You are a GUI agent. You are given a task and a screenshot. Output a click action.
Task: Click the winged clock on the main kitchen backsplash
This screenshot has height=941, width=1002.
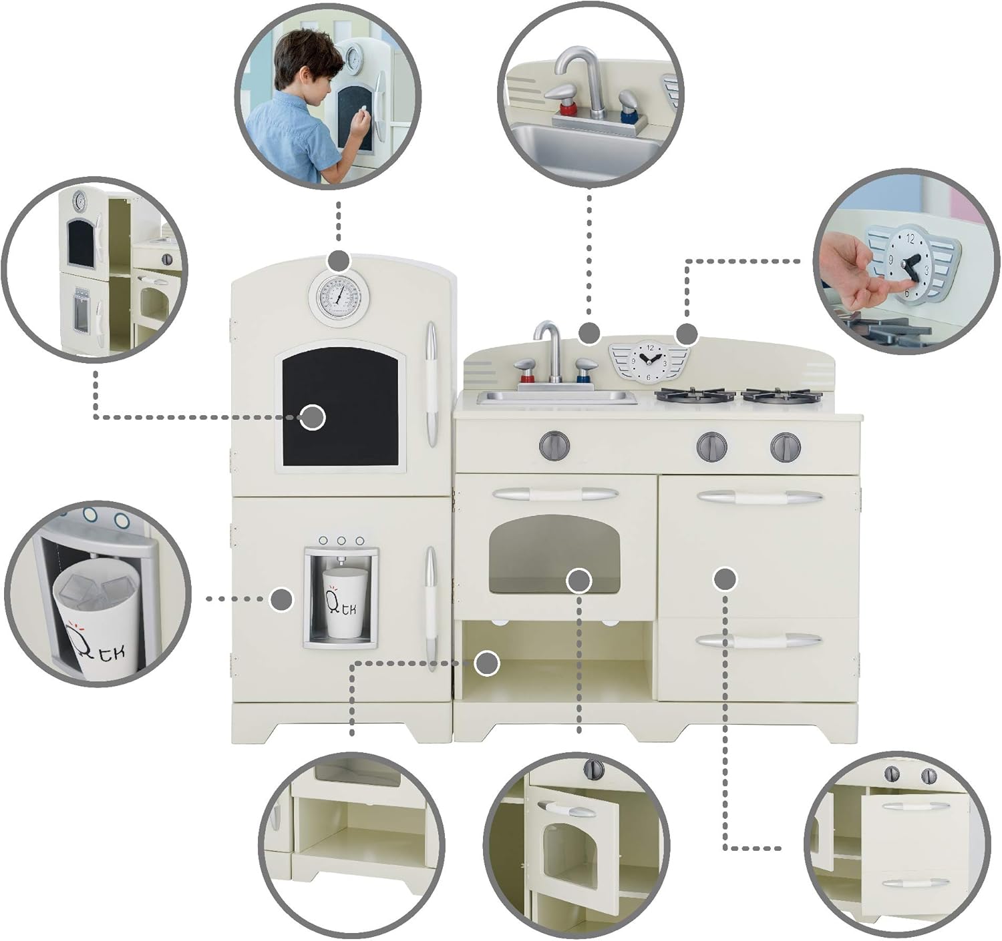coord(647,361)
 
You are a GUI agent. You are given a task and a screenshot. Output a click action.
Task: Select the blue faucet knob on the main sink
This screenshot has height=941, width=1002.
coord(586,370)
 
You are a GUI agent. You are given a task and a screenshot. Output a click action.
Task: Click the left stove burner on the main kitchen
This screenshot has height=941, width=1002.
coord(694,396)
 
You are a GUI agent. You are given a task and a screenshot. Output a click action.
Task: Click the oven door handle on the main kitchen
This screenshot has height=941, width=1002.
coord(554,495)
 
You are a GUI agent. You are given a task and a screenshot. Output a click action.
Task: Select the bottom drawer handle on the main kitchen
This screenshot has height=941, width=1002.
coord(758,641)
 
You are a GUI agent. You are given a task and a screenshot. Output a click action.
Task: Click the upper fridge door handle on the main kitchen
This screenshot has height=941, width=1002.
coord(431,384)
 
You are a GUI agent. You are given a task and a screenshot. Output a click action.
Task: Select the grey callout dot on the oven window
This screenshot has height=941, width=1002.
coord(578,581)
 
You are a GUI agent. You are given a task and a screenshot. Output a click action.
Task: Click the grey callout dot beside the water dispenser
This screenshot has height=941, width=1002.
coord(283,599)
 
